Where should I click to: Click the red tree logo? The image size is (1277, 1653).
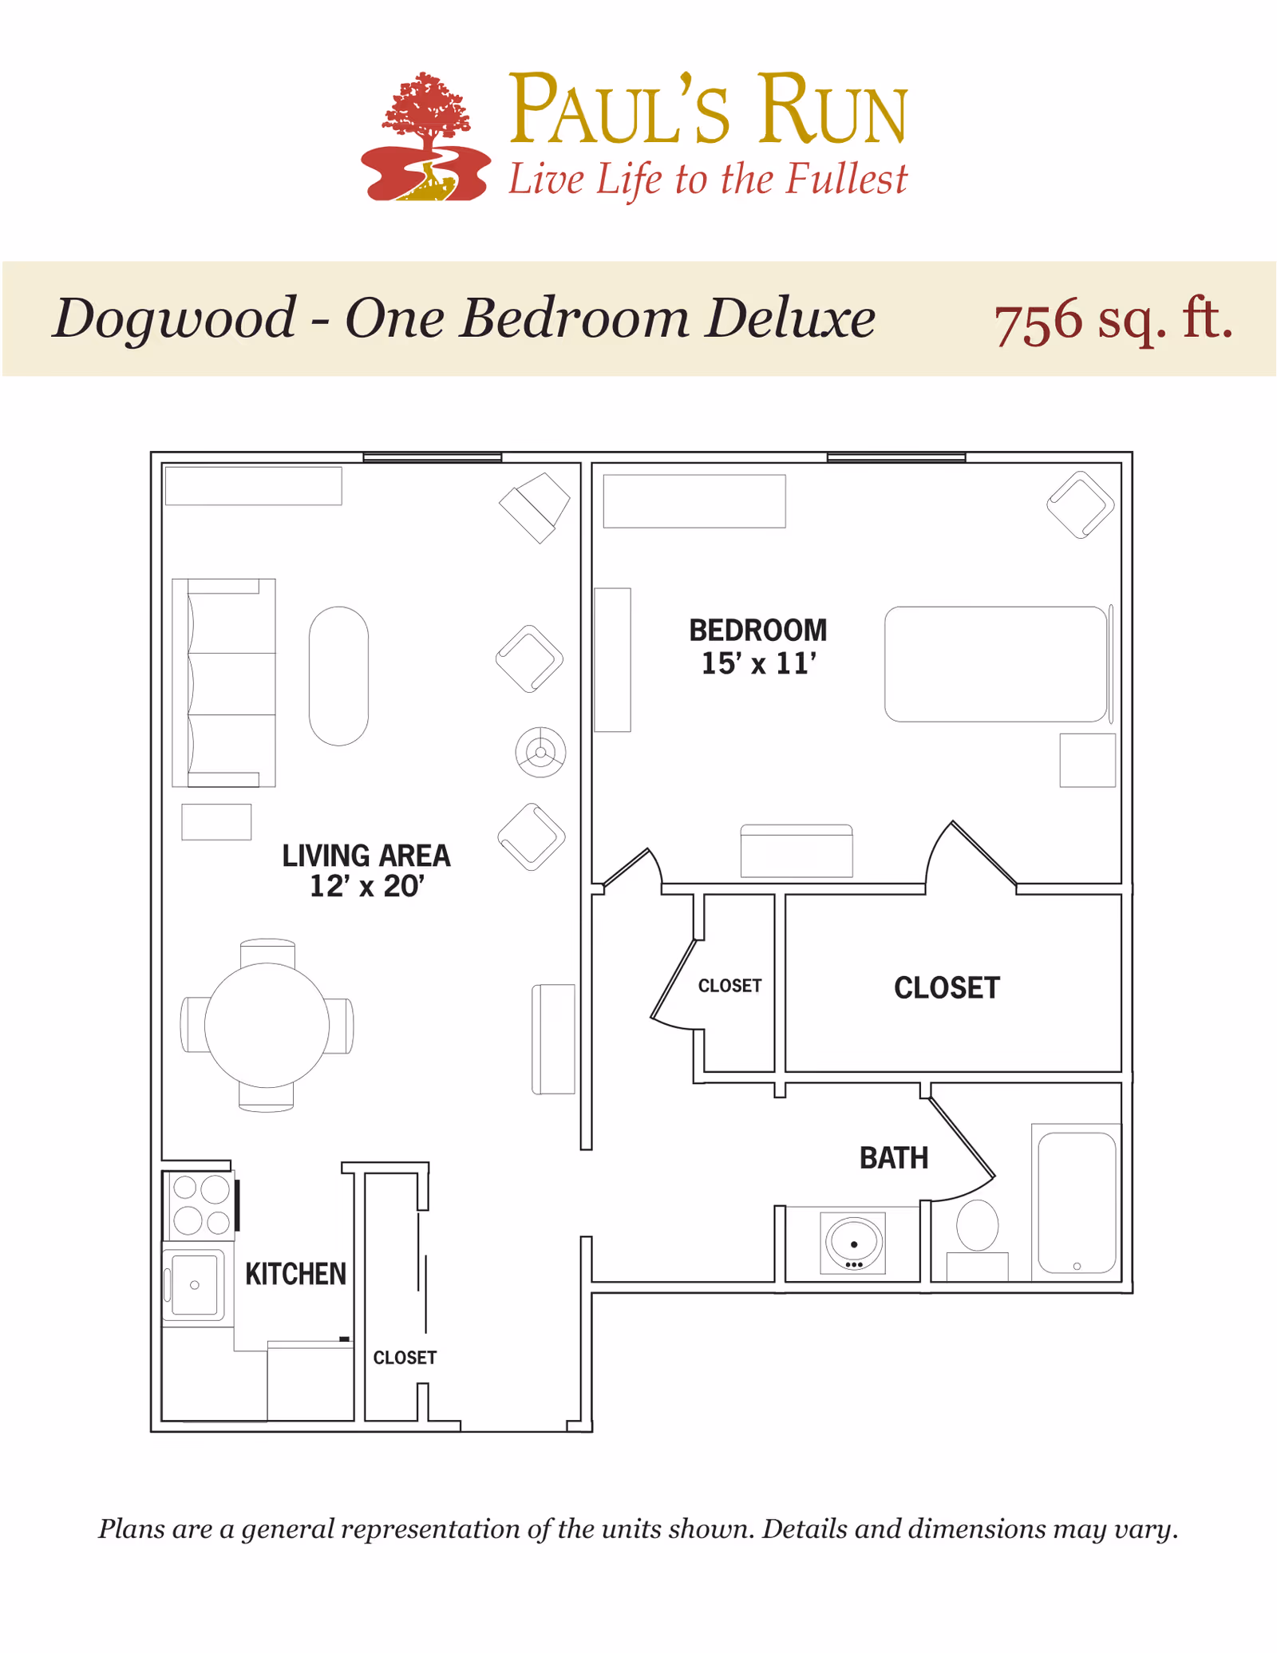tap(425, 137)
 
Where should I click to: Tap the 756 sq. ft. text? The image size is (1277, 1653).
tap(1113, 320)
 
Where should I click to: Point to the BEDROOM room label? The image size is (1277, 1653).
tap(758, 630)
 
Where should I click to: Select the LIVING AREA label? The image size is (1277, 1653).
tap(366, 856)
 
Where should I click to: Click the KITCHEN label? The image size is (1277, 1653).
tap(296, 1274)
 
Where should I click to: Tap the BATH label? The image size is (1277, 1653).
tap(894, 1158)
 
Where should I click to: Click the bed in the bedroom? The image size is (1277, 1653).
tap(996, 664)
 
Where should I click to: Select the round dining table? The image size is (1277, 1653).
tap(267, 1025)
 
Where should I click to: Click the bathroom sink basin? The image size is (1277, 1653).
tap(853, 1243)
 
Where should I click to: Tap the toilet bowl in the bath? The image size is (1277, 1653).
tap(978, 1225)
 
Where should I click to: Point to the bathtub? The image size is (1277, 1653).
tap(1077, 1202)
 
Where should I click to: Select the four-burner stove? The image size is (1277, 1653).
tap(200, 1205)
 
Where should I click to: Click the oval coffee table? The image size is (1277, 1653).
tap(339, 676)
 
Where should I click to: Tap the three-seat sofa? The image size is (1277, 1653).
tap(224, 683)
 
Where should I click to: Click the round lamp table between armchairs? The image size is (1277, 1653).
tap(540, 752)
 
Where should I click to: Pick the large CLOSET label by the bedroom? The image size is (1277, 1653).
tap(947, 988)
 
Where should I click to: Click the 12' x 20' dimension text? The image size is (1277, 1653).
tap(367, 887)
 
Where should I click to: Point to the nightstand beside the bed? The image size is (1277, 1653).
tap(1088, 761)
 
